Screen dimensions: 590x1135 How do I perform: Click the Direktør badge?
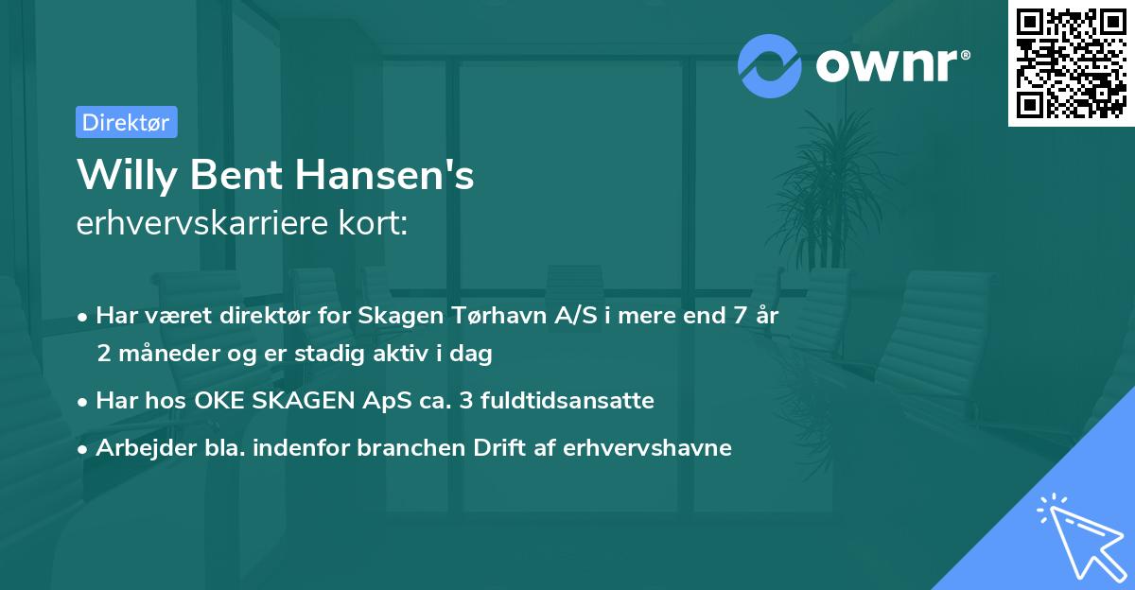[x=126, y=123]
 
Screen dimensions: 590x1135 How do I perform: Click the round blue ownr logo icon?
[x=770, y=65]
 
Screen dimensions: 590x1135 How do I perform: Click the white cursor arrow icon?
[x=1078, y=534]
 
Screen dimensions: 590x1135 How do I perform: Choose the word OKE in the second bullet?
[x=217, y=401]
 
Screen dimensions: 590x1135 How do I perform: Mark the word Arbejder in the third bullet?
[x=137, y=448]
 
